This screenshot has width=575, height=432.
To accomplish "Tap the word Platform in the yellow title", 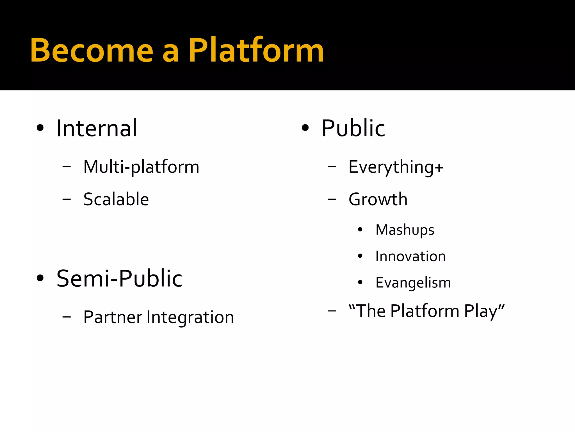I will [256, 51].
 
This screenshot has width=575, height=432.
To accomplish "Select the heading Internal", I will [97, 128].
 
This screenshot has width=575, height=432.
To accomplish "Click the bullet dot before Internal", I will [40, 128].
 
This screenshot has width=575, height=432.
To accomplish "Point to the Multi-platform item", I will [141, 167].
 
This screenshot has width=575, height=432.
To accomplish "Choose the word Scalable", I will [116, 199].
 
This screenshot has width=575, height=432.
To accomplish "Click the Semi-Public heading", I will [119, 278].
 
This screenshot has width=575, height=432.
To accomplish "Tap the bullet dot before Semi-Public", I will [40, 278].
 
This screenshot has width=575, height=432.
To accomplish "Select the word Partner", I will [113, 317].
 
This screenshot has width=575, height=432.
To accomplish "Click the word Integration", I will [190, 317].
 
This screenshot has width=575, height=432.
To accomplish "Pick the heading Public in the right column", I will [353, 128].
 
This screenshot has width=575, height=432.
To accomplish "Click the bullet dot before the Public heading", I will [305, 128].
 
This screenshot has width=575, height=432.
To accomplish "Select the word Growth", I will [378, 199].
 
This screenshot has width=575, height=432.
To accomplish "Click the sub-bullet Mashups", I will [405, 230].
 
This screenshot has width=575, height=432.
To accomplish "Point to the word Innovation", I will [410, 256].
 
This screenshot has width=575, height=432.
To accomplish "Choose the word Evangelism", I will [413, 282].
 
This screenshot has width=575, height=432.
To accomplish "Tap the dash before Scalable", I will [67, 199].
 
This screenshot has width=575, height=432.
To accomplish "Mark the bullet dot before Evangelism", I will [360, 282].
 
